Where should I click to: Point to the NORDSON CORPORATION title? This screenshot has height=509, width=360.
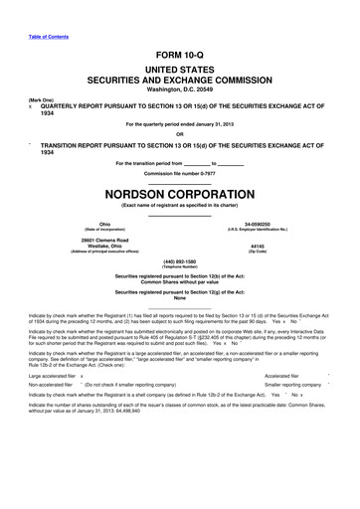(x=179, y=188)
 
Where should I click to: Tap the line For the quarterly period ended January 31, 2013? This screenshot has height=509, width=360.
(x=179, y=123)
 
